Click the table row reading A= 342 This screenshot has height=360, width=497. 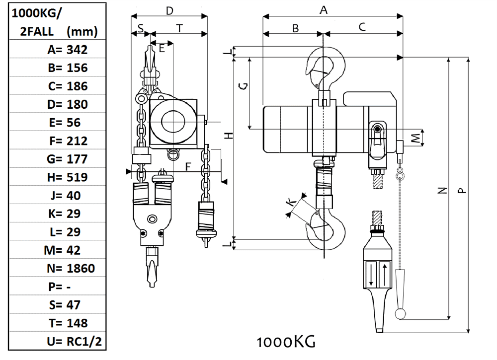pyautogui.click(x=67, y=49)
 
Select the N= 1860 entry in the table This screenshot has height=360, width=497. pyautogui.click(x=69, y=269)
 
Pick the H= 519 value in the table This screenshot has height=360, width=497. pyautogui.click(x=68, y=177)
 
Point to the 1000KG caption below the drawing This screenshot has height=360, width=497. pyautogui.click(x=286, y=342)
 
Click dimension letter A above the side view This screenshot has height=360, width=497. pyautogui.click(x=324, y=9)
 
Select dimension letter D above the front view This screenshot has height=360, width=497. pyautogui.click(x=169, y=10)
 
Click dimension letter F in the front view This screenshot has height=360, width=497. pyautogui.click(x=188, y=167)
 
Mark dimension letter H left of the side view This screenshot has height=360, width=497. pyautogui.click(x=229, y=135)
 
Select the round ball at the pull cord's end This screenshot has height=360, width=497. pyautogui.click(x=401, y=314)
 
